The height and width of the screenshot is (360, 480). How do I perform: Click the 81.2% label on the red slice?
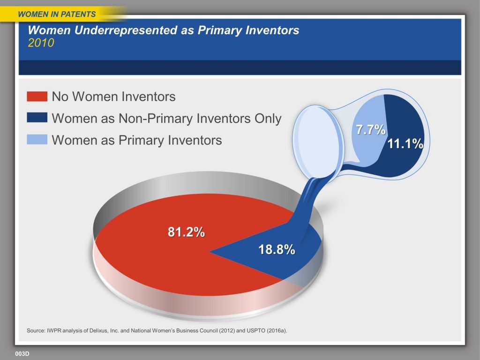(x=186, y=232)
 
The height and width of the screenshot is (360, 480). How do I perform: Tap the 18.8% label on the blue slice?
(x=277, y=249)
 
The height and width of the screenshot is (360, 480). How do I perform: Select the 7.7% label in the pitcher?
(x=371, y=129)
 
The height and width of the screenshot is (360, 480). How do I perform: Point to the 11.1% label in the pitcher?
(x=405, y=143)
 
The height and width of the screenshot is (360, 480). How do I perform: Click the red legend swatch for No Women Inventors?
(x=37, y=96)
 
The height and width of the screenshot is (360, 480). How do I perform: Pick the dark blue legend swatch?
(x=37, y=118)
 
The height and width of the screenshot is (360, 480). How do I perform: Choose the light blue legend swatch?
(x=37, y=139)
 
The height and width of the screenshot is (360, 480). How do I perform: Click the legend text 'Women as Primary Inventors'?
(x=137, y=140)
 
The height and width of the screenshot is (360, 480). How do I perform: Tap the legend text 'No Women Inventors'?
(x=113, y=97)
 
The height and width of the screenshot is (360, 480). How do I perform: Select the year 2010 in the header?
(x=41, y=43)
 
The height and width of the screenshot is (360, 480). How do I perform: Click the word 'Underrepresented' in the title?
(x=126, y=30)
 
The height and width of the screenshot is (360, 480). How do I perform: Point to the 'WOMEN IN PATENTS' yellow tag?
(x=57, y=14)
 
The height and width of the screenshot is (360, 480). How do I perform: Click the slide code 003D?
(x=22, y=353)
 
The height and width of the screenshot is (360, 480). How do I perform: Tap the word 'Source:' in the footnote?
(x=36, y=330)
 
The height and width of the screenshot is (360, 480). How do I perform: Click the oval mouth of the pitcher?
(x=318, y=142)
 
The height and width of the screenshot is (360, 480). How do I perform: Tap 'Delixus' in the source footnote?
(x=99, y=330)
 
